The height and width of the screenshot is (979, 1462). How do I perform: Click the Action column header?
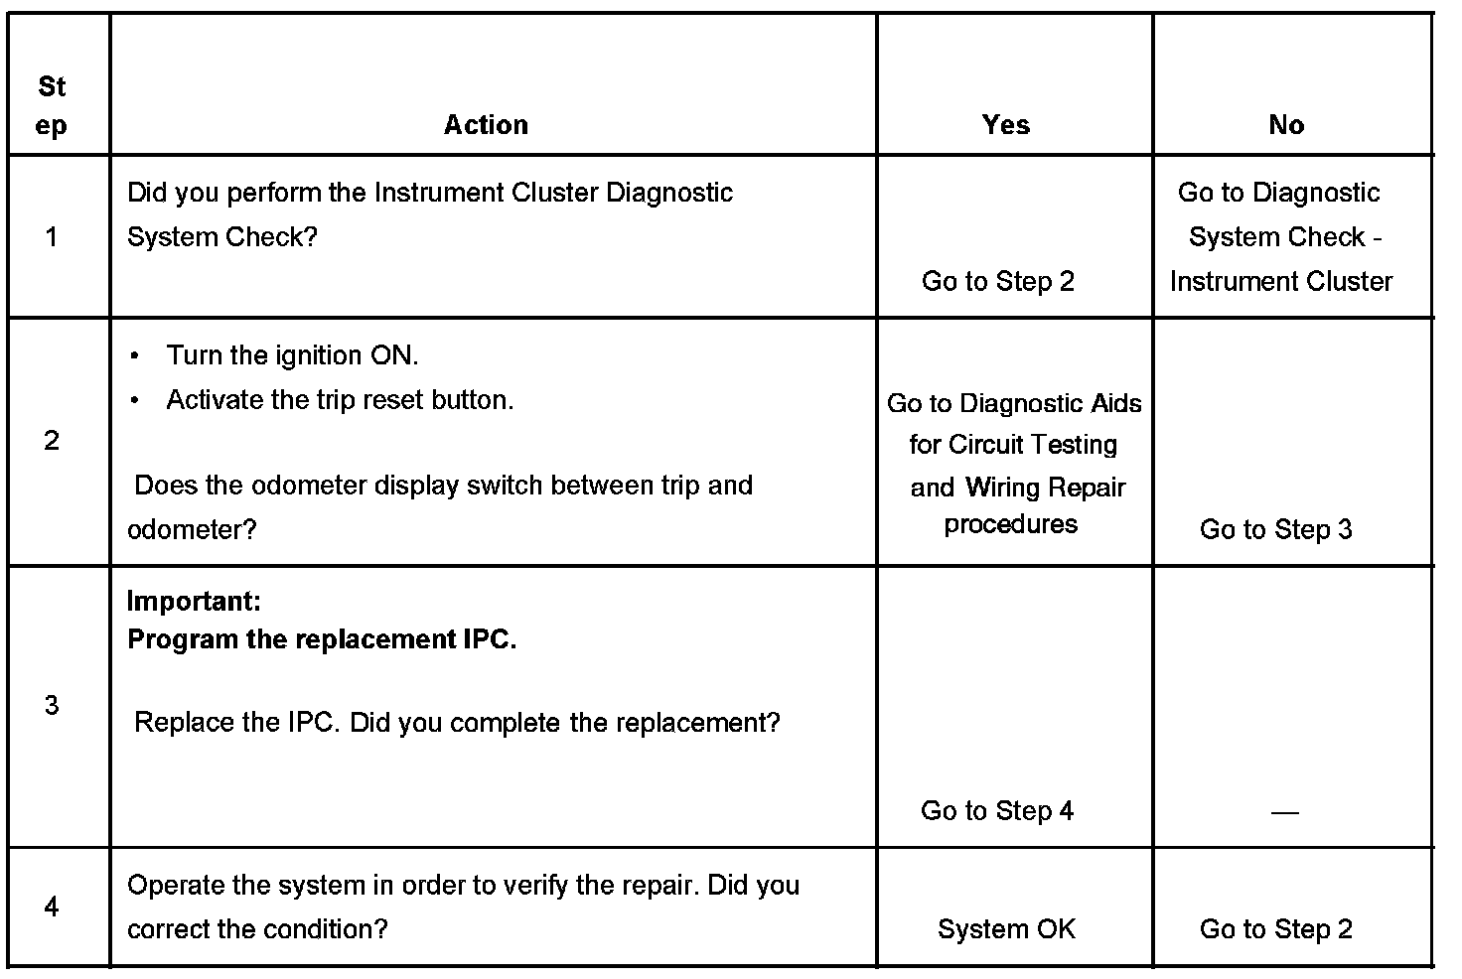(x=486, y=125)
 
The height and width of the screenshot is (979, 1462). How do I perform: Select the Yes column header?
(x=1005, y=125)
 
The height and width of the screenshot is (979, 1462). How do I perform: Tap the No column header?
(x=1286, y=125)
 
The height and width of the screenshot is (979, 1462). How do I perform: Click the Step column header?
(x=52, y=106)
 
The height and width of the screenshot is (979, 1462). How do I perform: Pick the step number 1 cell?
(x=52, y=236)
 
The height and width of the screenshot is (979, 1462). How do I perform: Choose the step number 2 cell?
(x=52, y=441)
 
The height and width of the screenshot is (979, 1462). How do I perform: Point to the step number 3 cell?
(x=52, y=705)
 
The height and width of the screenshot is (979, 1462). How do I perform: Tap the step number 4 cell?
(x=52, y=907)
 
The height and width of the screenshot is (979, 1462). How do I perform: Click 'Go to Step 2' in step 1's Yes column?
(x=997, y=281)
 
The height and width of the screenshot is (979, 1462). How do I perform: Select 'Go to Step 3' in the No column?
(x=1275, y=529)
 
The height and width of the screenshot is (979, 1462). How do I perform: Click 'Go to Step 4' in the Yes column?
(x=997, y=810)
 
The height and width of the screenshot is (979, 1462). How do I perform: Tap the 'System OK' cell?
(x=1006, y=929)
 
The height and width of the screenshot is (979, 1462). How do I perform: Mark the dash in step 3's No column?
(x=1284, y=812)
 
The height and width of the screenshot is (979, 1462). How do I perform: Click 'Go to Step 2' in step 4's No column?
(x=1275, y=929)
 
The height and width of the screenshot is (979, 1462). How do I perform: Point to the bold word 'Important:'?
(x=194, y=601)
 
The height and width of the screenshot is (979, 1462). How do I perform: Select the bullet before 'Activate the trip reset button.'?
(x=134, y=400)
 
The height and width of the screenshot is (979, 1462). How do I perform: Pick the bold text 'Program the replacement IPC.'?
(x=322, y=639)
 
